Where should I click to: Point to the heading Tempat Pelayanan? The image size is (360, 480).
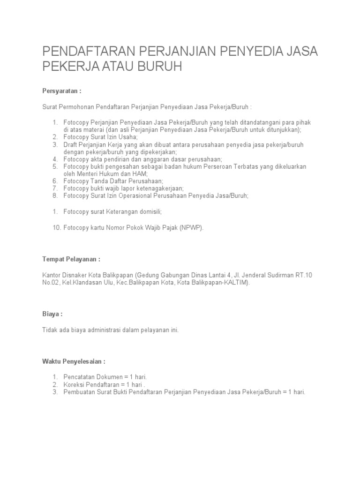point(71,259)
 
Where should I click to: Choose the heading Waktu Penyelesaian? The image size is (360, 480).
point(74,362)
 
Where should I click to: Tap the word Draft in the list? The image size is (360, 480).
point(71,145)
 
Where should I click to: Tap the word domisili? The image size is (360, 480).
point(147,212)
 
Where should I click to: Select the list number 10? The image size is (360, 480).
point(56,227)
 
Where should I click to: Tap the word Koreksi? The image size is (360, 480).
point(74,384)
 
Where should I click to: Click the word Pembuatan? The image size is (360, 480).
point(79,392)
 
